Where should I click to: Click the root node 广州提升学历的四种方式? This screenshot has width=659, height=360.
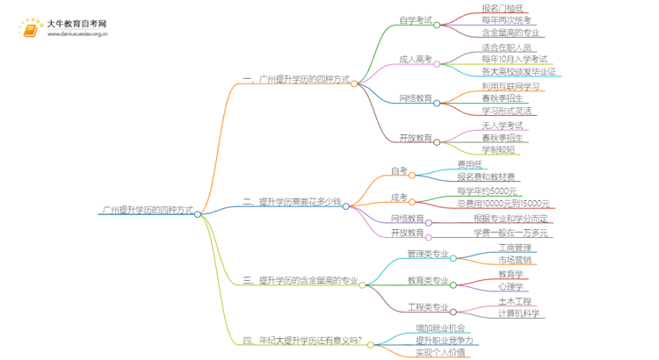[147, 211]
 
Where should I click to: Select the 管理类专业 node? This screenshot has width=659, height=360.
[427, 255]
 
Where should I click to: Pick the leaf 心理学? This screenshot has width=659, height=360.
[511, 287]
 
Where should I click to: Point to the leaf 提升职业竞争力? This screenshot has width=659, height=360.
[445, 340]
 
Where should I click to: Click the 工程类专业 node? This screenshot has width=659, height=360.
[427, 307]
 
